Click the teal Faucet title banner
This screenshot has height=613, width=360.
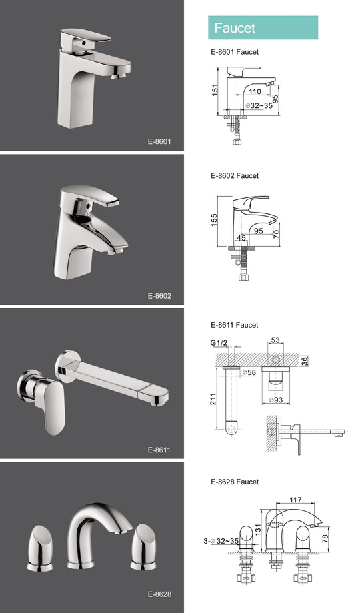tap(263, 28)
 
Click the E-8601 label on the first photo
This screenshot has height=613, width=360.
tap(159, 141)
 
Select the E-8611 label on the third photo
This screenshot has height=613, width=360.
tap(159, 450)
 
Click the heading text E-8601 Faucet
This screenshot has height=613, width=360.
tap(234, 51)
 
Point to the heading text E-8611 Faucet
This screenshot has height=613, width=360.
tap(234, 325)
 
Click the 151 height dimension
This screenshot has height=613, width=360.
tap(215, 89)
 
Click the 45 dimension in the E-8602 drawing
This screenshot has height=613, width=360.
tap(241, 237)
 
